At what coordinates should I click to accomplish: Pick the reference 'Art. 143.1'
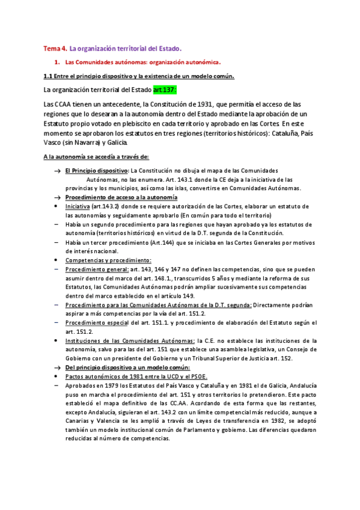tap(171, 179)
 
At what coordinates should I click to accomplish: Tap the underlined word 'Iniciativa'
tap(78, 206)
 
